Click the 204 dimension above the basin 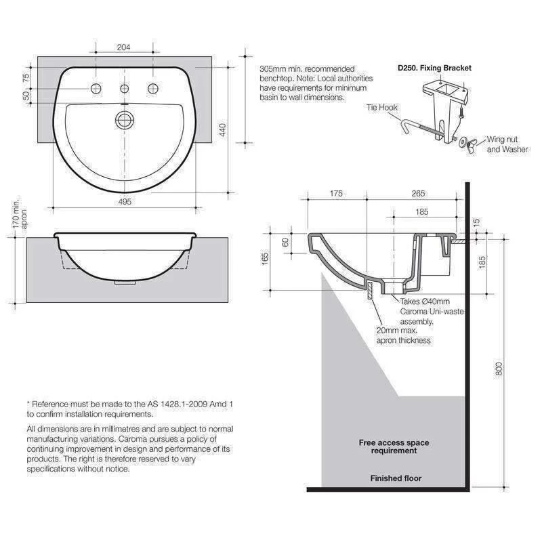tap(124, 48)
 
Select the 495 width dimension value tap(124, 201)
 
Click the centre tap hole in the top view tap(124, 89)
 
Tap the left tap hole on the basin tap(96, 89)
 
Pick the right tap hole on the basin tap(152, 89)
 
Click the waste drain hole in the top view tap(124, 120)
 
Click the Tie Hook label tap(382, 108)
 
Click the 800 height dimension tap(499, 369)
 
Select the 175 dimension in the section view tap(336, 194)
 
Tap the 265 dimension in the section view tap(418, 194)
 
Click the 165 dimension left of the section tap(266, 258)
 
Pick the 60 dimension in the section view tap(286, 241)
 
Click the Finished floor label tap(396, 478)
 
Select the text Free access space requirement tap(394, 446)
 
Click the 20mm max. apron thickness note tap(403, 335)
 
